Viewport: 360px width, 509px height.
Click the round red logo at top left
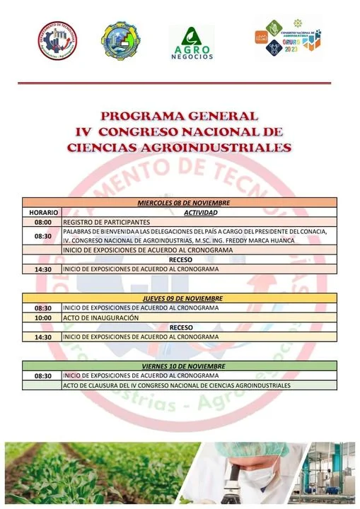[x=58, y=40]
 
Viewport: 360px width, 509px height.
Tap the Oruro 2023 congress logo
[x=287, y=41]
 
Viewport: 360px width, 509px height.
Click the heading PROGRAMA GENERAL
[x=179, y=116]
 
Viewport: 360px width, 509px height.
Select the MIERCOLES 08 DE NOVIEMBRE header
[x=179, y=203]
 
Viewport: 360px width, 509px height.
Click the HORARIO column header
[x=42, y=212]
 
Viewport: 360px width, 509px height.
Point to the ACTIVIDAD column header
[x=200, y=212]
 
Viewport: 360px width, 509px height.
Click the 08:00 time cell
[x=42, y=222]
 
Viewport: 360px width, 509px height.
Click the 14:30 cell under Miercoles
[x=42, y=269]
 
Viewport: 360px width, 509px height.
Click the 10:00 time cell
[x=42, y=317]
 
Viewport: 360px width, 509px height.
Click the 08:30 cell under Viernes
[x=42, y=376]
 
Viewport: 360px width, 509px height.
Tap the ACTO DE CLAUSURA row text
[x=177, y=385]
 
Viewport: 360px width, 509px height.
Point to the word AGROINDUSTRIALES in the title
[x=219, y=148]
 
